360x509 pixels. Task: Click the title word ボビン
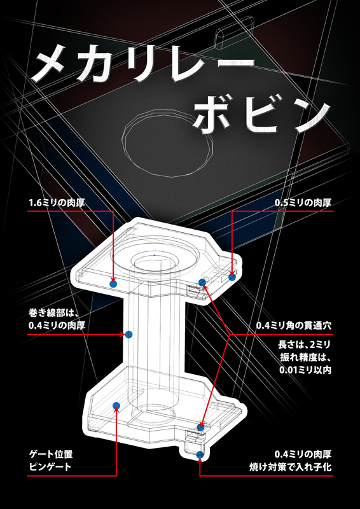(x=262, y=115)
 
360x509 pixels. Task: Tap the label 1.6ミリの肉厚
(x=57, y=204)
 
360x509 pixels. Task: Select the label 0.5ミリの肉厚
(x=303, y=204)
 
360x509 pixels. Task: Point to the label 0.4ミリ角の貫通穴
(x=293, y=326)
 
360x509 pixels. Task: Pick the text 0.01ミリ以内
(x=305, y=370)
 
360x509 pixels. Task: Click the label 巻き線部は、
(x=54, y=314)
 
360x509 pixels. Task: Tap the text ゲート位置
(x=51, y=454)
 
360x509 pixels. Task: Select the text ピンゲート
(x=50, y=468)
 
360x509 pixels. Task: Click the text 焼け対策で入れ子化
(x=290, y=468)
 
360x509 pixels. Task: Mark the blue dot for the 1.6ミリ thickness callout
(x=113, y=284)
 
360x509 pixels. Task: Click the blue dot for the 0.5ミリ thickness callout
(x=232, y=277)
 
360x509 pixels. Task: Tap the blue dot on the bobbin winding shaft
(x=129, y=334)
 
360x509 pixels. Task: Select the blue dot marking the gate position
(x=116, y=405)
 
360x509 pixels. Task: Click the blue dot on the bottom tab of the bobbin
(x=200, y=454)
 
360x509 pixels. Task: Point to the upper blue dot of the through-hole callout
(x=202, y=282)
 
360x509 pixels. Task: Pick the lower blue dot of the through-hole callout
(x=200, y=427)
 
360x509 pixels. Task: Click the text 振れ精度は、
(x=305, y=357)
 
